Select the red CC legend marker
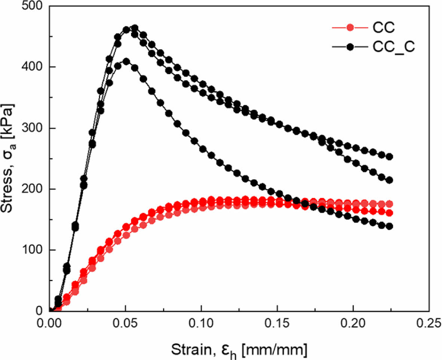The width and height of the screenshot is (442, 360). tap(350, 28)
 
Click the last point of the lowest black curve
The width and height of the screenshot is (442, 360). tap(389, 226)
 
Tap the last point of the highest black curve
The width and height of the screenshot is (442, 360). tap(389, 157)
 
